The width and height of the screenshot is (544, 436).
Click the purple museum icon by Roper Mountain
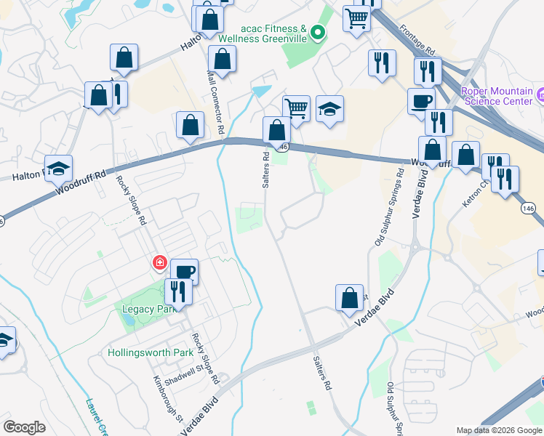click(540, 95)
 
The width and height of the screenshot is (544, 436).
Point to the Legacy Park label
click(143, 309)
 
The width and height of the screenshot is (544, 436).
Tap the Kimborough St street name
click(167, 398)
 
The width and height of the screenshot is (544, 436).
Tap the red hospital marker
click(158, 262)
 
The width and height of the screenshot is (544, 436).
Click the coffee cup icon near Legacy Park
click(184, 272)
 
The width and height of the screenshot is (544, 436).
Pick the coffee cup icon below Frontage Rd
click(420, 100)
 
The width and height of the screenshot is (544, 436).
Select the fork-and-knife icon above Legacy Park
click(177, 291)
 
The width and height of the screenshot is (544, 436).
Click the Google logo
click(24, 427)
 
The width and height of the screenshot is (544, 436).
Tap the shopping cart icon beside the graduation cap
click(296, 108)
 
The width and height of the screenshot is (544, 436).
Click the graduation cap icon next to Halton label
click(58, 168)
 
